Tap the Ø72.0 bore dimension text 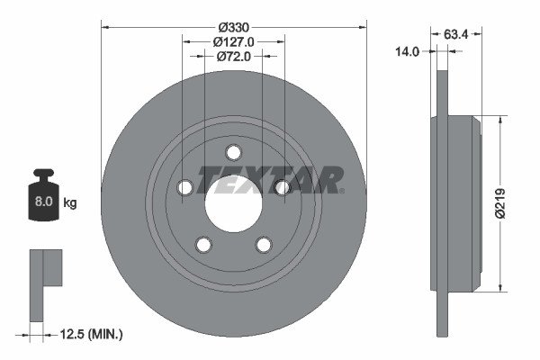pos(234,57)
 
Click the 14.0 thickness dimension pos(408,51)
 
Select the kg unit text pos(70,202)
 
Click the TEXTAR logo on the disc pos(270,179)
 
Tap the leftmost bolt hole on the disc pos(185,187)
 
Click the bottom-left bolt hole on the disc pos(203,244)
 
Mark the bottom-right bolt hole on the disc pos(264,244)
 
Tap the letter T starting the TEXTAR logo pos(208,180)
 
